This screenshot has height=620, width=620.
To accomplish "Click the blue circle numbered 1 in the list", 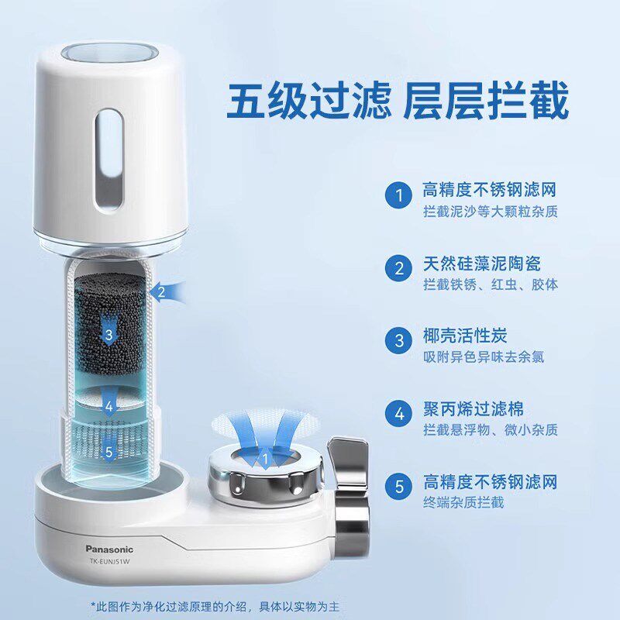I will [399, 196].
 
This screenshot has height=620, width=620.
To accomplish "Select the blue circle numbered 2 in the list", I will [399, 269].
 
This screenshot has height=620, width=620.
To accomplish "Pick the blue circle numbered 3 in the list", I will [399, 341].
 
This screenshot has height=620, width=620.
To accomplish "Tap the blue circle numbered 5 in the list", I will [399, 487].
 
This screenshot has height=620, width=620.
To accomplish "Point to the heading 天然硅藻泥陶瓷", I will [482, 263].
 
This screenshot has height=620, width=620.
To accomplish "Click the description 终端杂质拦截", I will [463, 503].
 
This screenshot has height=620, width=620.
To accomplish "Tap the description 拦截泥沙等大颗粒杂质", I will [490, 212].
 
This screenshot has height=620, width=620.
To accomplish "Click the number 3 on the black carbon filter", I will [109, 335].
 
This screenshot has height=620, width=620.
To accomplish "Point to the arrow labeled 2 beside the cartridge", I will [167, 292].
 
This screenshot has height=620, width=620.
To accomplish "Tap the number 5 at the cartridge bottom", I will [109, 452].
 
